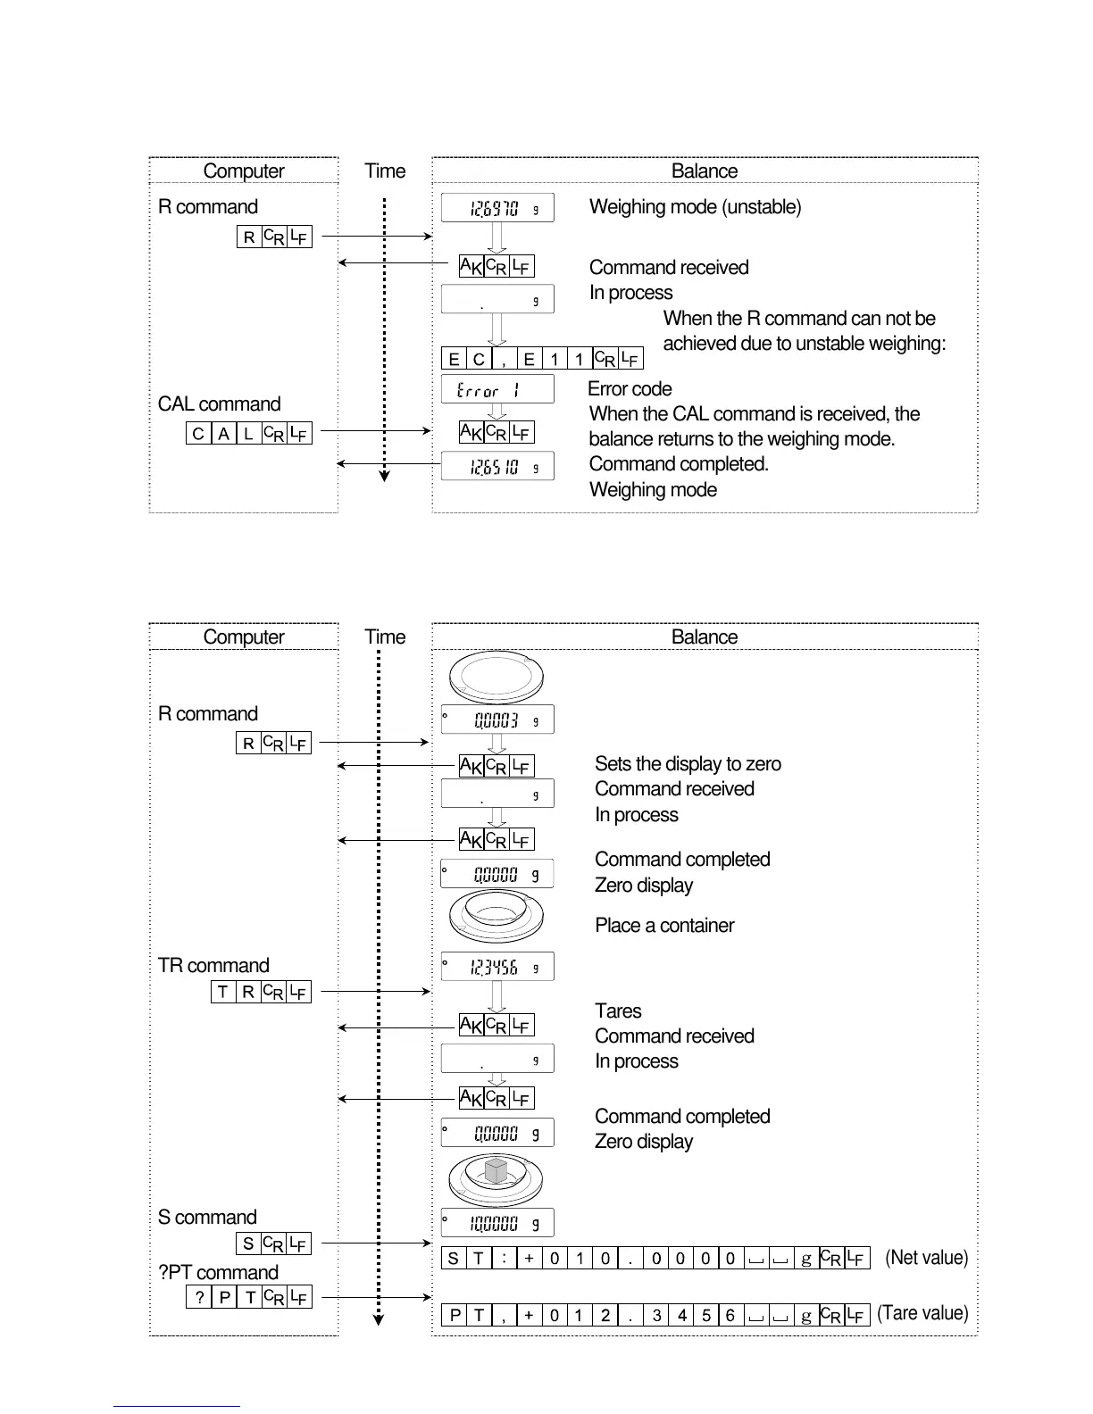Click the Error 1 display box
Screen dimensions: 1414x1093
497,389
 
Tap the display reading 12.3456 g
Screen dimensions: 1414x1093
497,967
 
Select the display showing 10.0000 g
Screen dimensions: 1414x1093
497,1223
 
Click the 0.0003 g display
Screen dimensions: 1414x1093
497,719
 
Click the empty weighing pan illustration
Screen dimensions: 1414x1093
496,677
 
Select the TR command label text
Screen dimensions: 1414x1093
213,966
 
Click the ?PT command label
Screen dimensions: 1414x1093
218,1272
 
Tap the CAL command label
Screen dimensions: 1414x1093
219,404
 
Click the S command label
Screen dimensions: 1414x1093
207,1218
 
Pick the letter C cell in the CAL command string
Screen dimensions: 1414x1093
198,434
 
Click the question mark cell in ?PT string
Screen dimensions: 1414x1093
199,1297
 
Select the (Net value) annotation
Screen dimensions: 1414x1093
926,1258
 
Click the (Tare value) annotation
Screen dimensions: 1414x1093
922,1313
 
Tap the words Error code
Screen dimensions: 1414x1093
630,389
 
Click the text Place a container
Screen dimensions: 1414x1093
664,926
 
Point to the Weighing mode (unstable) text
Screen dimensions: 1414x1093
695,207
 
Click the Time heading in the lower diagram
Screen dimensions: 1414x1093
385,637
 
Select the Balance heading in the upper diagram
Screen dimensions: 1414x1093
705,171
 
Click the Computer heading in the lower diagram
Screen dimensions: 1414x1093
244,637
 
